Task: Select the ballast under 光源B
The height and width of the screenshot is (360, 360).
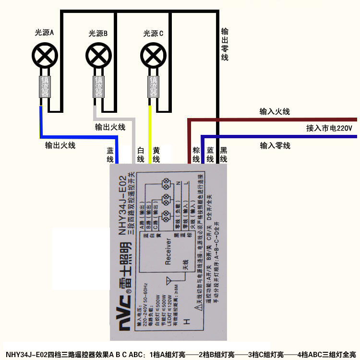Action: pyautogui.click(x=98, y=87)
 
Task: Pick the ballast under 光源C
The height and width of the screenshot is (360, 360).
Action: pyautogui.click(x=153, y=87)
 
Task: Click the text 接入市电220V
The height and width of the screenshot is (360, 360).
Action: pyautogui.click(x=329, y=129)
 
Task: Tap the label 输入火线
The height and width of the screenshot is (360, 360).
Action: pyautogui.click(x=275, y=112)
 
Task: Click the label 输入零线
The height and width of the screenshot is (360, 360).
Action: pyautogui.click(x=275, y=145)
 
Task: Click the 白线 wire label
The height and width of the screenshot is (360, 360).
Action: pyautogui.click(x=141, y=154)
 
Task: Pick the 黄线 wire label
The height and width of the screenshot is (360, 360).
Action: pyautogui.click(x=156, y=154)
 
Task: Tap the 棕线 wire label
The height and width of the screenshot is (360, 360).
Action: pyautogui.click(x=196, y=154)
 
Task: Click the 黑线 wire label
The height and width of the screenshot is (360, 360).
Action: pyautogui.click(x=223, y=154)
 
